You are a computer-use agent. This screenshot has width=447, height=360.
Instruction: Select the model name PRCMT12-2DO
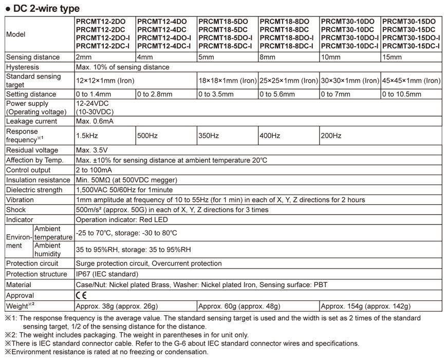[x=101, y=22]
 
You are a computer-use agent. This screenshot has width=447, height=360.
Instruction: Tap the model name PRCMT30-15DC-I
[x=411, y=46]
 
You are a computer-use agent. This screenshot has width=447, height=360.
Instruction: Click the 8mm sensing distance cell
[x=268, y=57]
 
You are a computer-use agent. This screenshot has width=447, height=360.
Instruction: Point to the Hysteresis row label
[x=23, y=67]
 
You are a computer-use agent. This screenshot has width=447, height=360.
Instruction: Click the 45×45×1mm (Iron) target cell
[x=411, y=81]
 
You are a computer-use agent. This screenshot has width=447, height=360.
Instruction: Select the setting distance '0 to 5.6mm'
[x=277, y=94]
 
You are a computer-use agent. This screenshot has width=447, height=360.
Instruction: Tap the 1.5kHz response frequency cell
[x=86, y=136]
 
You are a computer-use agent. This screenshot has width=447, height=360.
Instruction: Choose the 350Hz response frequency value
[x=209, y=136]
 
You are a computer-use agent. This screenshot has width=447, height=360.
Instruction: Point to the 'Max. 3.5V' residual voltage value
[x=92, y=150]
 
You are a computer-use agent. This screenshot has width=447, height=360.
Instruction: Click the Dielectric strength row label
[x=35, y=190]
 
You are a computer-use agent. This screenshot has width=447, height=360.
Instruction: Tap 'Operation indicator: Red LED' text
[x=122, y=220]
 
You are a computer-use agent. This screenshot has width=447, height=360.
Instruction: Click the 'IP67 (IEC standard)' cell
[x=107, y=274]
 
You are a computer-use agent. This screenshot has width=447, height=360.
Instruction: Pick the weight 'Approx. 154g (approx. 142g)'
[x=366, y=307]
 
